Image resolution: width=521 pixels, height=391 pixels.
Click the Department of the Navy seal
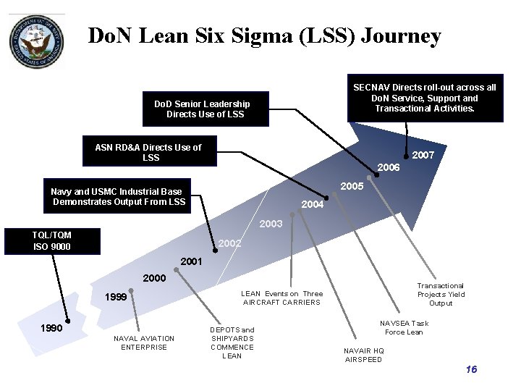35,41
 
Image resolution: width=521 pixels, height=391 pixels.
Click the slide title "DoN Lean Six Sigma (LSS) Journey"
264,36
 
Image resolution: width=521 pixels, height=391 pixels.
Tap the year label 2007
423,155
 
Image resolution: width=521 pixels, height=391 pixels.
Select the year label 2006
389,167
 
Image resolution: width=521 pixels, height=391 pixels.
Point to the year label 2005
352,186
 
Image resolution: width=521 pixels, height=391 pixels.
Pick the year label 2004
312,204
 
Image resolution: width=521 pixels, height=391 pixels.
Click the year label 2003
271,224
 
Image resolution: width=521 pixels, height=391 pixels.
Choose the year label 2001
191,261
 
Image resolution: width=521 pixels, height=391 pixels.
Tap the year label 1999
117,297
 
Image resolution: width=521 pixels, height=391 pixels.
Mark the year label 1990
51,328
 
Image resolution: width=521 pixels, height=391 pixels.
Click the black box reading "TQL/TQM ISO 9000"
51,241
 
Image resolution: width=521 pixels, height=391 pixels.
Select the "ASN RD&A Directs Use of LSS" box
151,152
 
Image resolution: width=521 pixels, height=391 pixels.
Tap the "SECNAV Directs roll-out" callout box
424,98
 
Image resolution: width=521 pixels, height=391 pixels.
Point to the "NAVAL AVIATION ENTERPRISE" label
144,342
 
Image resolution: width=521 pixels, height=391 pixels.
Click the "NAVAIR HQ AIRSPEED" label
364,355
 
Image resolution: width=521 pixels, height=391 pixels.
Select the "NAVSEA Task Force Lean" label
404,327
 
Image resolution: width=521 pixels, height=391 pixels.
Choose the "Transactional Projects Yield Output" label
441,295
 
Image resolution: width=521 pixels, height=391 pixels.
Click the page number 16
471,370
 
